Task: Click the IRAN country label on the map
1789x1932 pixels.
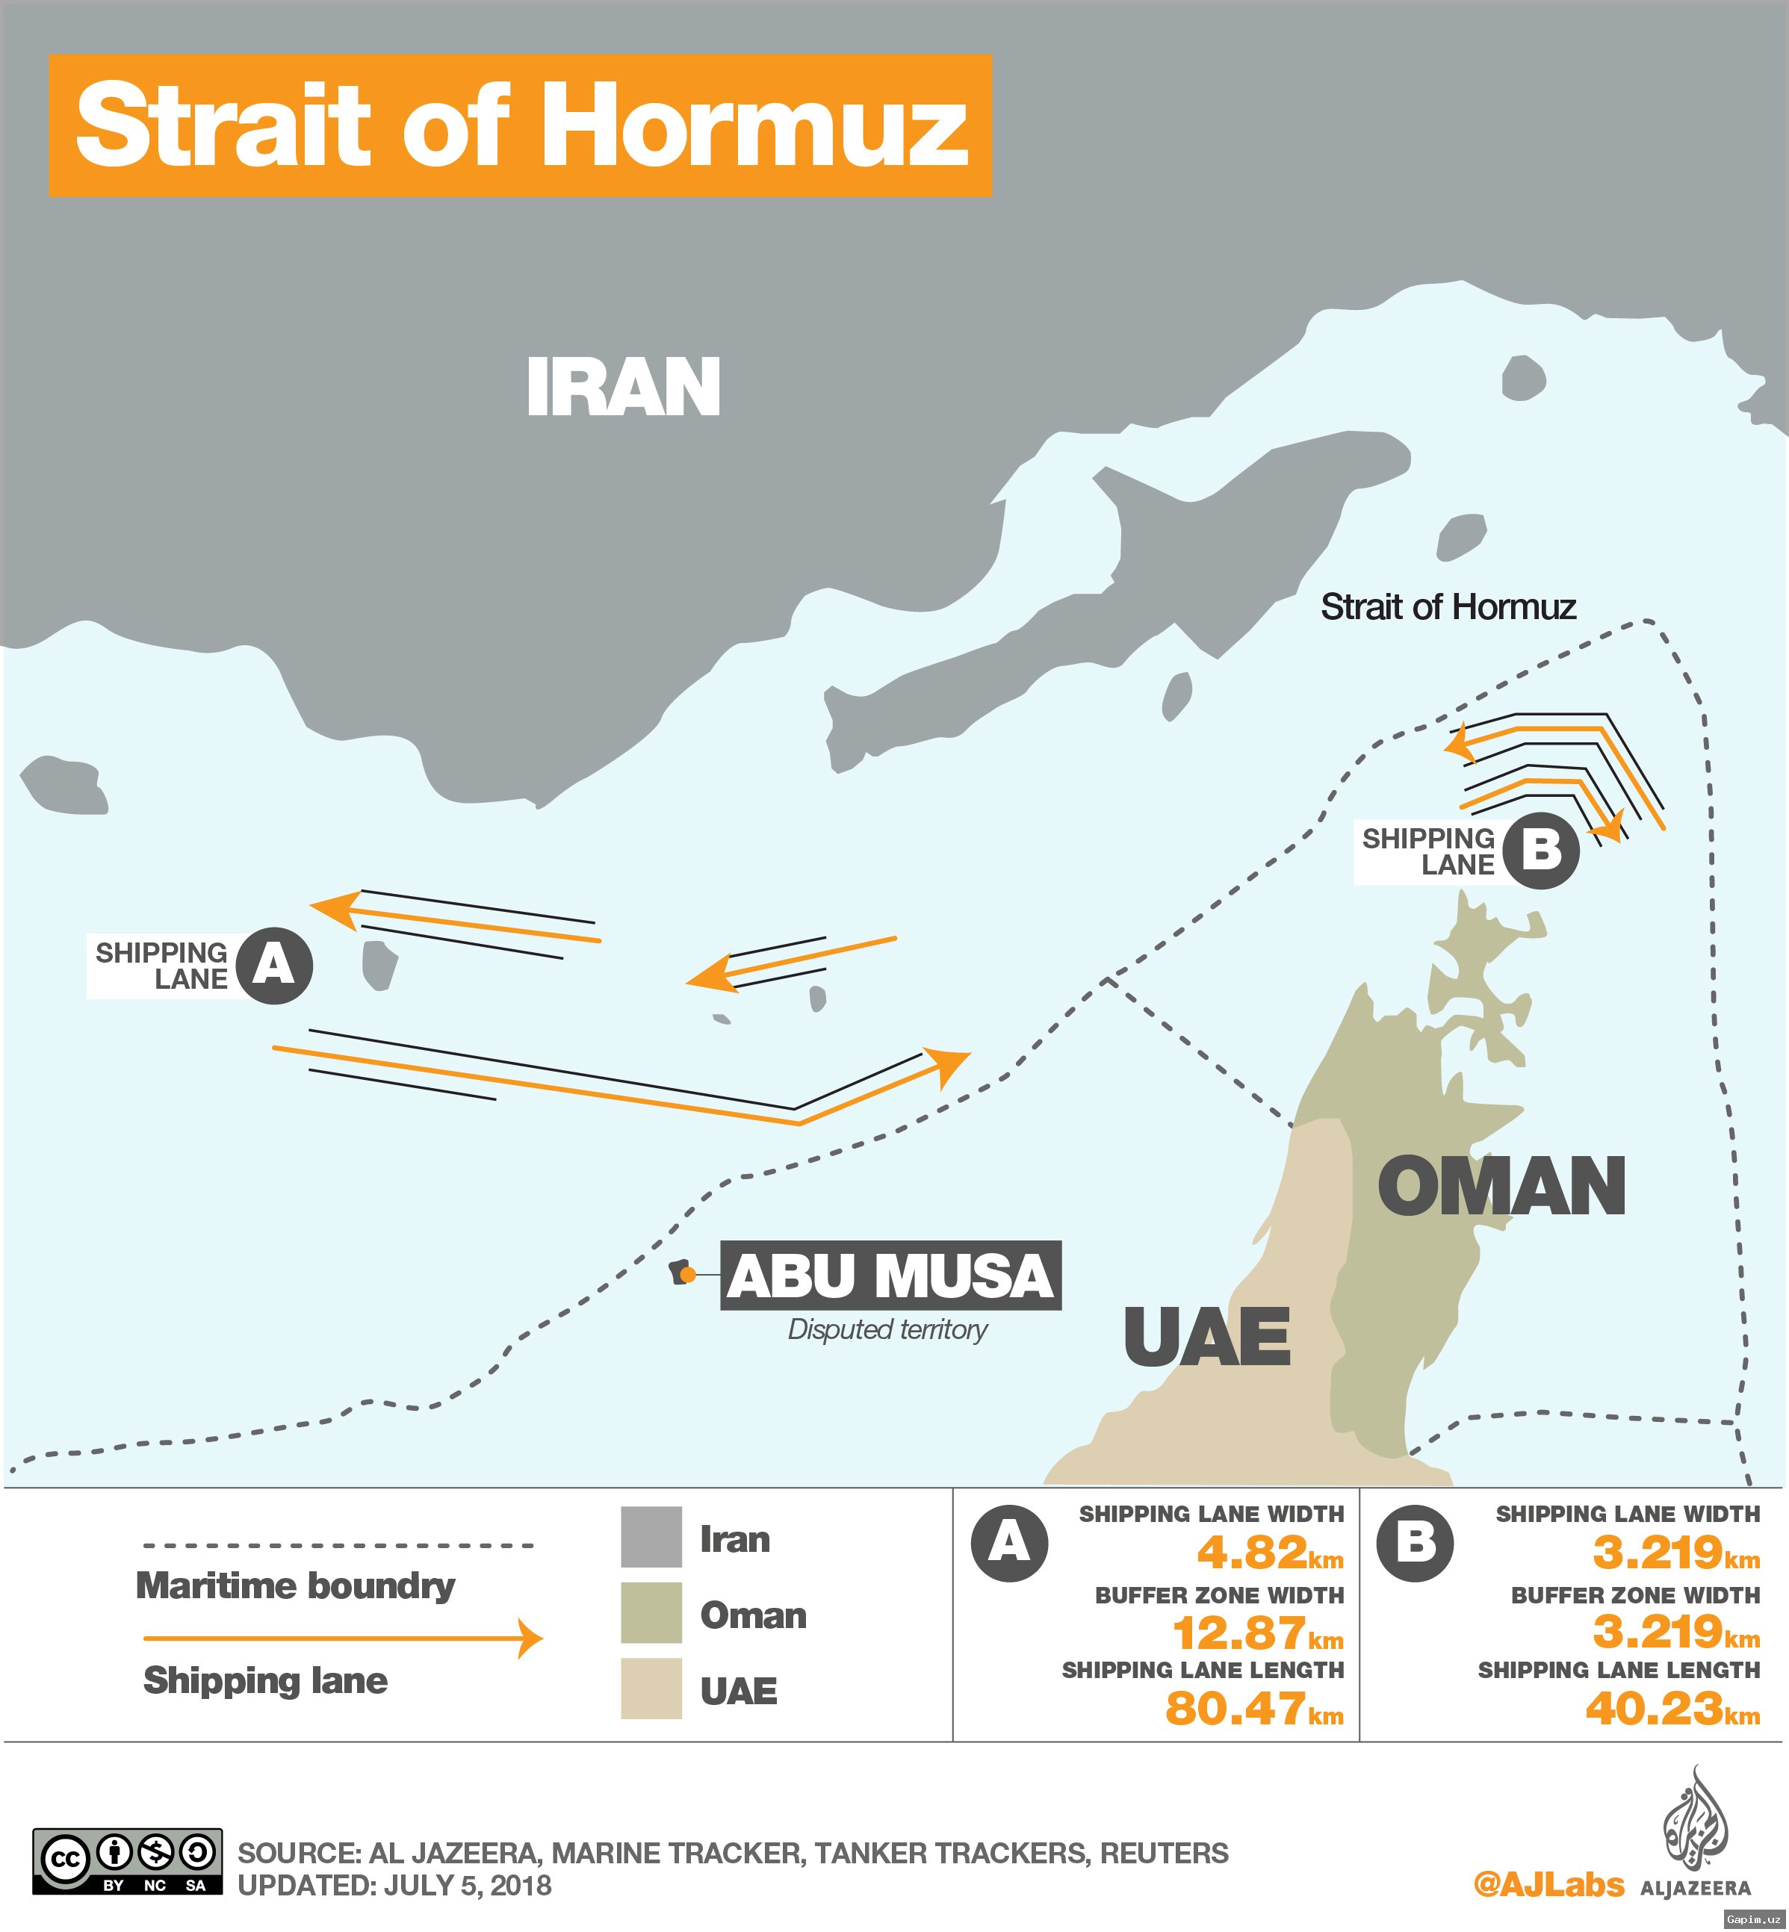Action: tap(624, 387)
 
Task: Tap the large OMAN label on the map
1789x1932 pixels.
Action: tap(1501, 1187)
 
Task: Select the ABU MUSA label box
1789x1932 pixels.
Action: tap(890, 1275)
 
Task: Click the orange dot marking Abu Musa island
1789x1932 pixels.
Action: tap(687, 1276)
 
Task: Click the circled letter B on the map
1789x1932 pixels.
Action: tap(1541, 851)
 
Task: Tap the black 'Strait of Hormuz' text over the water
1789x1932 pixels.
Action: tap(1448, 607)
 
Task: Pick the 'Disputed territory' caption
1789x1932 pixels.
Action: tap(887, 1329)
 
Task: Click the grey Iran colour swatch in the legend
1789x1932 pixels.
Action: tap(651, 1536)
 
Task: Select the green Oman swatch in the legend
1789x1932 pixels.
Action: tap(651, 1612)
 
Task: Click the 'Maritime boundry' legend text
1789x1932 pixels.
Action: tap(295, 1585)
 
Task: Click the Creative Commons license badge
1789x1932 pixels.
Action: tap(128, 1860)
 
